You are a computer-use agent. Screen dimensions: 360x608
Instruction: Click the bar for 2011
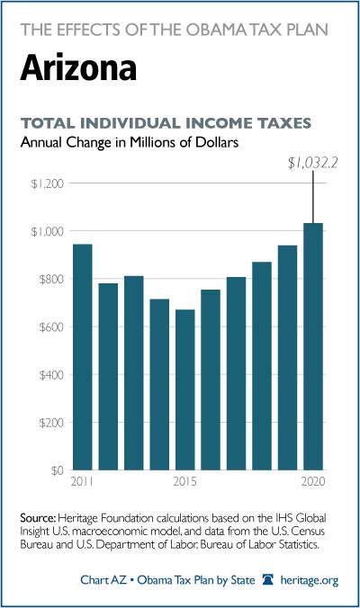pyautogui.click(x=83, y=357)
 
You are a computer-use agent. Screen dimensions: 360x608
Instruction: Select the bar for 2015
pyautogui.click(x=185, y=389)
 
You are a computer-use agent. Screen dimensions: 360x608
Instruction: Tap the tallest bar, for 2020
pyautogui.click(x=313, y=346)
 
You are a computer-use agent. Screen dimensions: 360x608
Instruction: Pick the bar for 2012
pyautogui.click(x=108, y=377)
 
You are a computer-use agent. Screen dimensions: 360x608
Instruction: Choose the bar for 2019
pyautogui.click(x=287, y=357)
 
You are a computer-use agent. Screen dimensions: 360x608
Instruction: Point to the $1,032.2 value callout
pyautogui.click(x=312, y=164)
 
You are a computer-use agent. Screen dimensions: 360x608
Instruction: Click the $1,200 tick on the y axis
pyautogui.click(x=47, y=183)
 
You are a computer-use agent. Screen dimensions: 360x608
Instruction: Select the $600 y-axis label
pyautogui.click(x=50, y=326)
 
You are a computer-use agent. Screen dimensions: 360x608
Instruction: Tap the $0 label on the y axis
pyautogui.click(x=57, y=470)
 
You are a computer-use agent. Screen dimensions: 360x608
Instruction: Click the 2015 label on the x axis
pyautogui.click(x=185, y=481)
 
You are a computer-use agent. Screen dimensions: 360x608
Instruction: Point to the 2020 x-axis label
pyautogui.click(x=313, y=481)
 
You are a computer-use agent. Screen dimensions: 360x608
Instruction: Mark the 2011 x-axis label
pyautogui.click(x=82, y=481)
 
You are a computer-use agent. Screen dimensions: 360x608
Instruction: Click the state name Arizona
pyautogui.click(x=78, y=68)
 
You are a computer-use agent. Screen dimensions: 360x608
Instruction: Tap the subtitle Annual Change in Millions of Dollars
pyautogui.click(x=130, y=142)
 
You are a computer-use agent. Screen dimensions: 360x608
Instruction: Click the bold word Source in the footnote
pyautogui.click(x=39, y=518)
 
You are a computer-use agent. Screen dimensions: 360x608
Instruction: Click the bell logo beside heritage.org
pyautogui.click(x=268, y=580)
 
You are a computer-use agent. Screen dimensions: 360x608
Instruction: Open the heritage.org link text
pyautogui.click(x=310, y=580)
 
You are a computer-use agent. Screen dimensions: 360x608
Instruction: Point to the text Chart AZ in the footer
pyautogui.click(x=103, y=580)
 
